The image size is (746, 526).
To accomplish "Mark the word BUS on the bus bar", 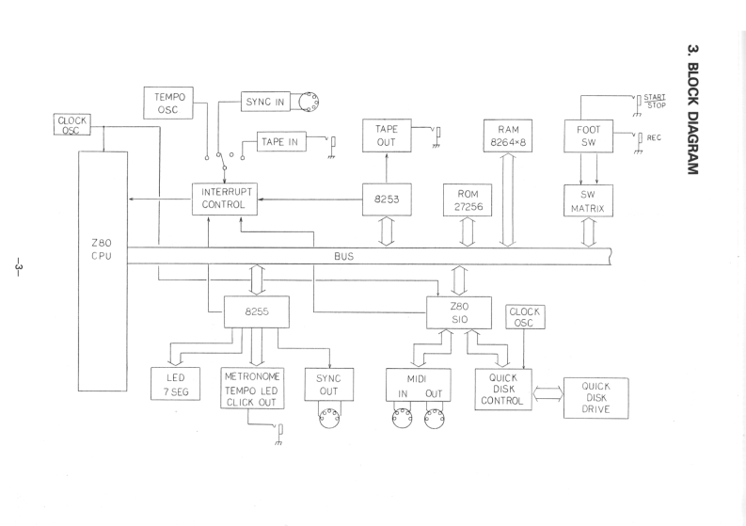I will [343, 255].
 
